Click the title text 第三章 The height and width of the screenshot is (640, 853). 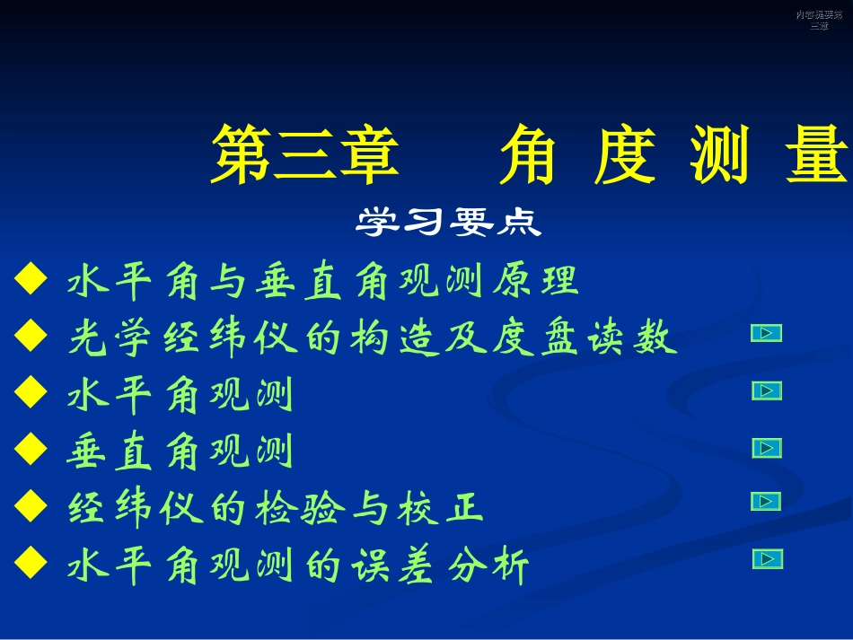pos(305,153)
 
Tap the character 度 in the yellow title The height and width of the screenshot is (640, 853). pos(626,153)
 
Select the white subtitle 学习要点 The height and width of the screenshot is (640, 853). pos(449,222)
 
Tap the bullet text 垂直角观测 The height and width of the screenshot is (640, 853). pos(180,452)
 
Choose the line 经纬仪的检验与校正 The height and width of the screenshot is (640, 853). pos(276,509)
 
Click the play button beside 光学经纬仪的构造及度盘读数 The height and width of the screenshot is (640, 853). pos(766,334)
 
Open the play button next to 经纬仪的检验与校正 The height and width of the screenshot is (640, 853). pos(766,502)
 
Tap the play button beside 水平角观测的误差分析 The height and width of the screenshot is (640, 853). pos(767,559)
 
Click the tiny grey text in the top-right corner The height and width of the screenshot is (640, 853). pos(819,20)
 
